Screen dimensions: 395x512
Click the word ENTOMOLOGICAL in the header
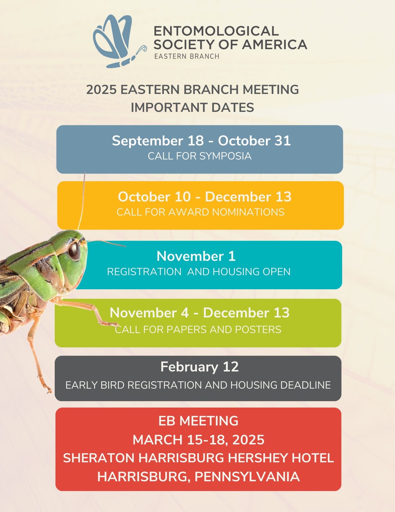pyautogui.click(x=216, y=31)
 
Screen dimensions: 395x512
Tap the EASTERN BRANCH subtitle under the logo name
pyautogui.click(x=187, y=56)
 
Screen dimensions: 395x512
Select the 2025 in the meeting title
pyautogui.click(x=101, y=90)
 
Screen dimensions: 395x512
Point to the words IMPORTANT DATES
pyautogui.click(x=193, y=108)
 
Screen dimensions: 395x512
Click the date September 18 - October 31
pyautogui.click(x=201, y=141)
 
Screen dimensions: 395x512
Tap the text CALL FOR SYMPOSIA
pyautogui.click(x=200, y=156)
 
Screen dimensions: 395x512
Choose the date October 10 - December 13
pyautogui.click(x=205, y=197)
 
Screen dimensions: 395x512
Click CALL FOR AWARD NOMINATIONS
pyautogui.click(x=200, y=212)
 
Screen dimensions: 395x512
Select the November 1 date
pyautogui.click(x=196, y=256)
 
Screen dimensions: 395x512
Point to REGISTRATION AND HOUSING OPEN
pyautogui.click(x=199, y=272)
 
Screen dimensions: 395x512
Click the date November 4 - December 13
pyautogui.click(x=200, y=313)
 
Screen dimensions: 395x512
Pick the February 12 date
pyautogui.click(x=199, y=367)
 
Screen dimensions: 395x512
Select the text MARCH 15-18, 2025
pyautogui.click(x=198, y=440)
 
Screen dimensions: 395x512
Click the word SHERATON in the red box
pyautogui.click(x=99, y=458)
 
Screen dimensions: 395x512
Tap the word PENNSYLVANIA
pyautogui.click(x=247, y=477)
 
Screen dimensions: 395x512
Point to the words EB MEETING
pyautogui.click(x=198, y=421)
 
